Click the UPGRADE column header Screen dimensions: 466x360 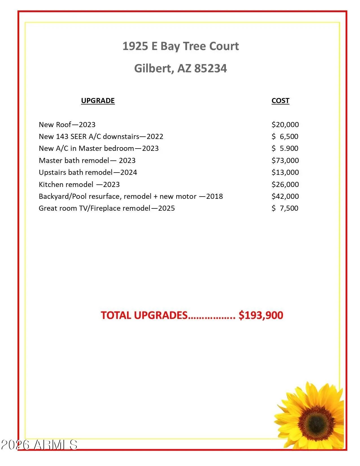click(x=98, y=101)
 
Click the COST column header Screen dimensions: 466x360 click(x=280, y=101)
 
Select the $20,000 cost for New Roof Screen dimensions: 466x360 click(x=285, y=125)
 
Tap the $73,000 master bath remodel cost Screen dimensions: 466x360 click(x=285, y=160)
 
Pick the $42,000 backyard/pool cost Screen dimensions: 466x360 click(x=285, y=196)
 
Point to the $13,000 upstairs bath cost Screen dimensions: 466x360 click(x=285, y=172)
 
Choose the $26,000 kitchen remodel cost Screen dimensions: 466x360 click(x=285, y=184)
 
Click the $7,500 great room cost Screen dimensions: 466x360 click(x=285, y=208)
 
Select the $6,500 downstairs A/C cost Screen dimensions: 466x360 click(x=285, y=136)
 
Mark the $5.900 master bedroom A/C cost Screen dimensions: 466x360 click(x=285, y=148)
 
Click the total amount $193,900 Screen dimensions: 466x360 click(x=261, y=315)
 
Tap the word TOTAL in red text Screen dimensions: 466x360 click(x=116, y=315)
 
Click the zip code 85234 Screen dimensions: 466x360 click(x=210, y=68)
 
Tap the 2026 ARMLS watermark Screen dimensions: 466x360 click(x=39, y=445)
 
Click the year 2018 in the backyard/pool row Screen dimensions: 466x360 click(x=214, y=196)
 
